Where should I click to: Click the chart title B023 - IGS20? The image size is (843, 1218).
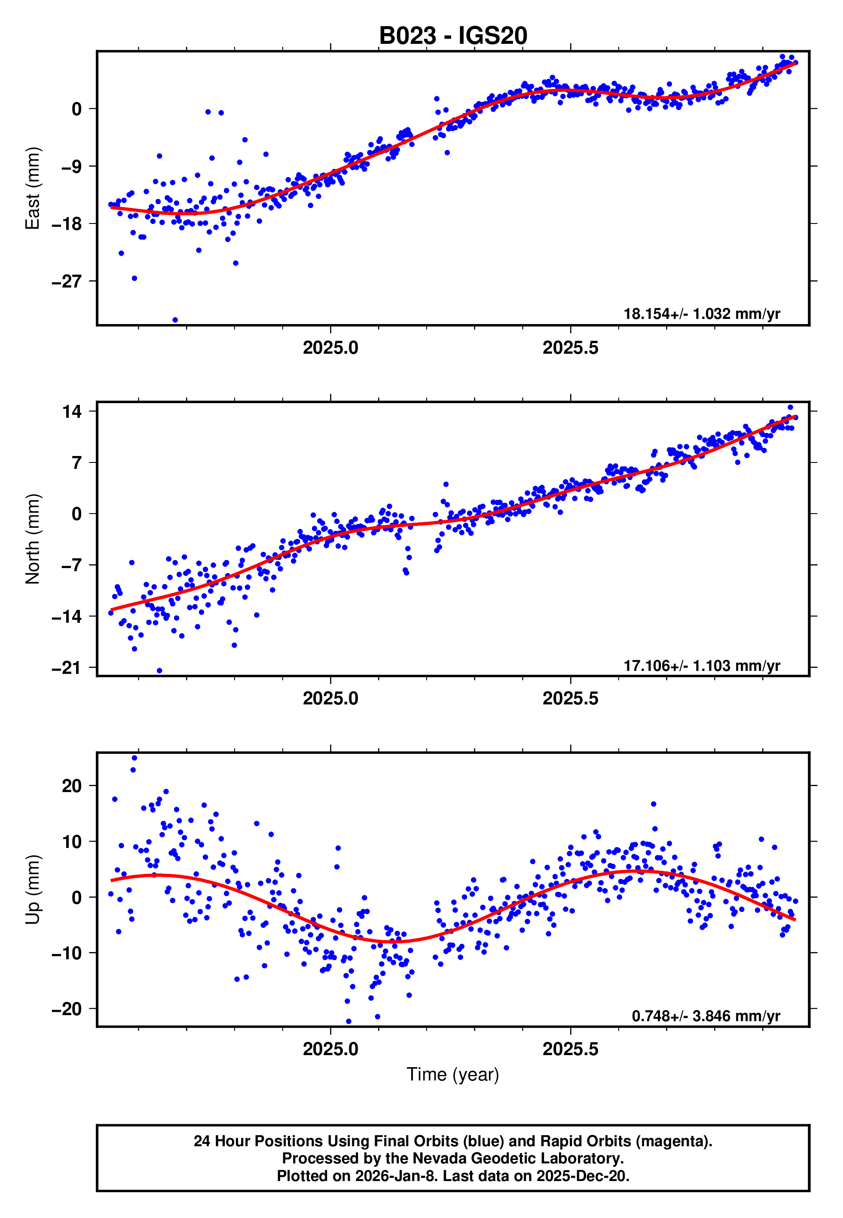[x=453, y=36]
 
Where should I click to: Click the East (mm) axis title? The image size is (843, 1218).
[x=33, y=188]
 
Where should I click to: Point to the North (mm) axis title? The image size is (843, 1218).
[x=33, y=539]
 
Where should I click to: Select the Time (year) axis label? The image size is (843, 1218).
[x=453, y=1074]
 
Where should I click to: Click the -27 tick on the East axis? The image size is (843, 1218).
[x=67, y=282]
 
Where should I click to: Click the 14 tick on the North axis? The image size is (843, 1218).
[x=72, y=411]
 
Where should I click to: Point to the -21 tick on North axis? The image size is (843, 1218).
[x=67, y=668]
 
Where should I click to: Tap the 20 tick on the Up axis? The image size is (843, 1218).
[x=72, y=786]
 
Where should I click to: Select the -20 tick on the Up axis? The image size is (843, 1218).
[x=67, y=1009]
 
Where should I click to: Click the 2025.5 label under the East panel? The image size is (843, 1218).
[x=571, y=348]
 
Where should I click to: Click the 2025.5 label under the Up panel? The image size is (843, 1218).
[x=571, y=1049]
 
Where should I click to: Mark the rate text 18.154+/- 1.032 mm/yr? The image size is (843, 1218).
[x=702, y=314]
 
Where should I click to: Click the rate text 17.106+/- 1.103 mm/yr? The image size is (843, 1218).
[x=702, y=665]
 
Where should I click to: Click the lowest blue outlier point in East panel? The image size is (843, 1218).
[x=175, y=320]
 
